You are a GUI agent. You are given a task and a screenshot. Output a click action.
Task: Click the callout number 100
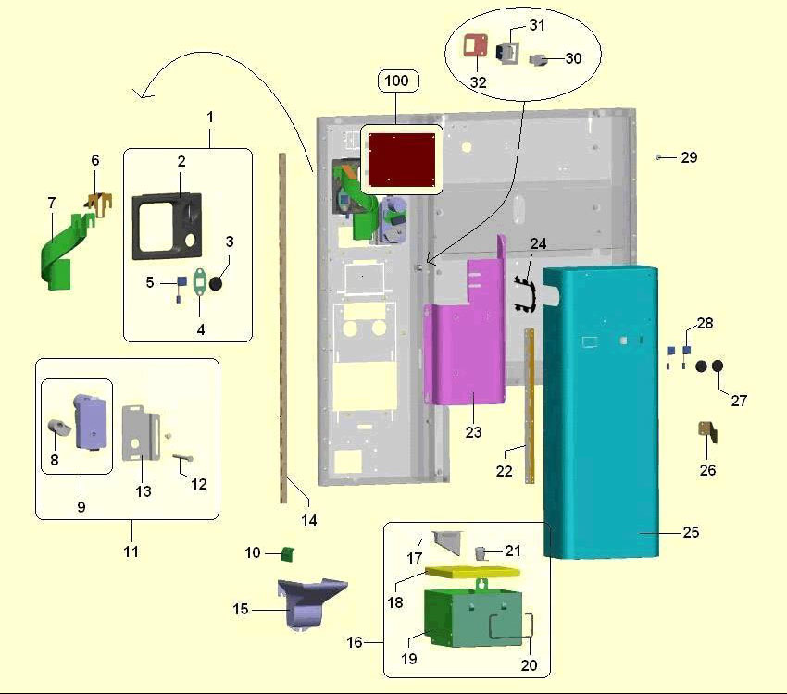pyautogui.click(x=396, y=81)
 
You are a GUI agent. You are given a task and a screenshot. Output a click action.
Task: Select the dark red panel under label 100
pyautogui.click(x=402, y=156)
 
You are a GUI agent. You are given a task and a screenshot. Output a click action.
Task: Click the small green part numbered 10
pyautogui.click(x=287, y=553)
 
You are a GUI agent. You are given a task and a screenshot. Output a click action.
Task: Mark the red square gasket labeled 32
pyautogui.click(x=477, y=46)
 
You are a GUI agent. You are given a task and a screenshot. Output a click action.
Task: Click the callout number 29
pyautogui.click(x=689, y=158)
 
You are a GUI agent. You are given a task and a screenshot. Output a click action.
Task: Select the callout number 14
pyautogui.click(x=309, y=521)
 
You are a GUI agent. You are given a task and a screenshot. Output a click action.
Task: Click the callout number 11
pyautogui.click(x=131, y=551)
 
